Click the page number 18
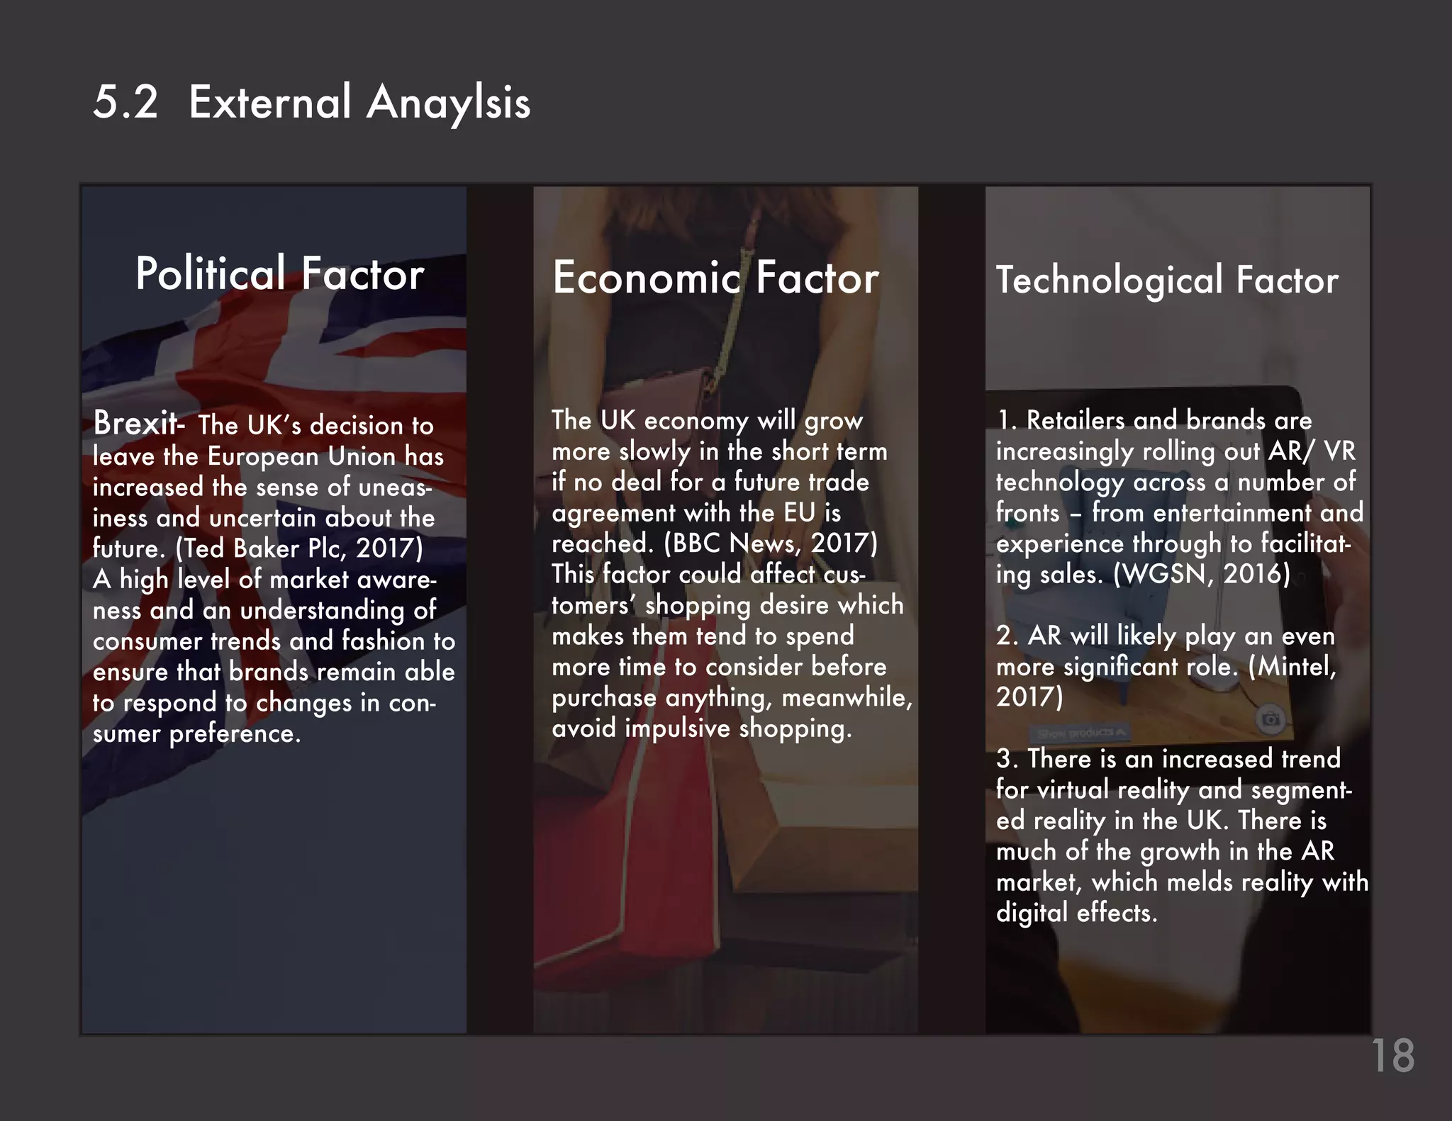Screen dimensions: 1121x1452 pos(1393,1056)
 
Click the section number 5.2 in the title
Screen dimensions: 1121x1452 pos(125,102)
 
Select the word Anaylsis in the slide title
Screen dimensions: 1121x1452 pos(448,103)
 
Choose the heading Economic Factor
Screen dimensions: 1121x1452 pos(715,277)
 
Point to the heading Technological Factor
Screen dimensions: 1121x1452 pos(1167,280)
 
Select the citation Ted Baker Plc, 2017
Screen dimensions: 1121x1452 pos(299,548)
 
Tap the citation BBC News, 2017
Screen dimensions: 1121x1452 pos(771,543)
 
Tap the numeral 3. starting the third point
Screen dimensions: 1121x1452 pos(1007,759)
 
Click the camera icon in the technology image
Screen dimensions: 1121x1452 pos(1270,720)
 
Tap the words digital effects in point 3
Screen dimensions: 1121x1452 pos(1076,913)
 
